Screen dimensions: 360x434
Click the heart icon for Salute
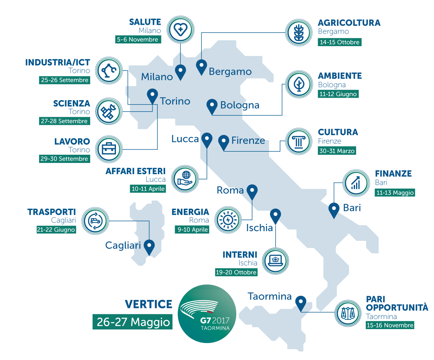[x=181, y=29]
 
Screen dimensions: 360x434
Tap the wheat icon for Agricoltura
[x=299, y=33]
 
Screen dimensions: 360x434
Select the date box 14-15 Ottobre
[x=339, y=42]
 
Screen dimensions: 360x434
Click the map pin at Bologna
[x=212, y=106]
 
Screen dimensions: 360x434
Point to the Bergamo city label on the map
[x=230, y=72]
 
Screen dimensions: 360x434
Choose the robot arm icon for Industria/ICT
[x=109, y=71]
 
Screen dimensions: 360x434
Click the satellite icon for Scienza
[x=109, y=111]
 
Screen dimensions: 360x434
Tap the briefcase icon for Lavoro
[x=109, y=149]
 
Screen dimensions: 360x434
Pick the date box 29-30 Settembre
[x=64, y=159]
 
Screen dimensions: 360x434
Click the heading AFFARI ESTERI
[x=136, y=171]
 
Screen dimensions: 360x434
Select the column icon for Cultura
[x=299, y=141]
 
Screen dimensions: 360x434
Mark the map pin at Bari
[x=334, y=209]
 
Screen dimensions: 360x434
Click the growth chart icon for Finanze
[x=356, y=183]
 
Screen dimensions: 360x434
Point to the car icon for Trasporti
[x=95, y=221]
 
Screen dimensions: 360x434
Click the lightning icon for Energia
[x=228, y=220]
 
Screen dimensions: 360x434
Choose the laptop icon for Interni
[x=275, y=261]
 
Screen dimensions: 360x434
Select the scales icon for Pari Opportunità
[x=348, y=313]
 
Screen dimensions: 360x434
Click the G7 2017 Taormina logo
[x=207, y=314]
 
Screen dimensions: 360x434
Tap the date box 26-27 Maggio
[x=133, y=322]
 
